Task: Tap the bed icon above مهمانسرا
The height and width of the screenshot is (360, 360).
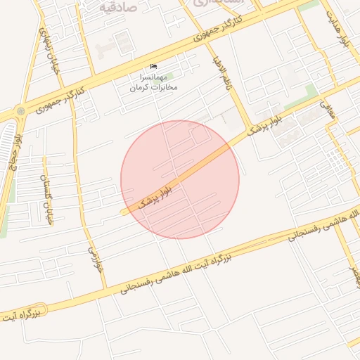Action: (154, 67)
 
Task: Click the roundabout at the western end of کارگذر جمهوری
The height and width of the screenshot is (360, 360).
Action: (20, 110)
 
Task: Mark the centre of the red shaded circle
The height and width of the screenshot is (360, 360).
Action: (180, 179)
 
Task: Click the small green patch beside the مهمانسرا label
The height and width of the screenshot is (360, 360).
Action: (169, 74)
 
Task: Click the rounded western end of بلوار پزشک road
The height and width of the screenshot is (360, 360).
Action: (124, 212)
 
